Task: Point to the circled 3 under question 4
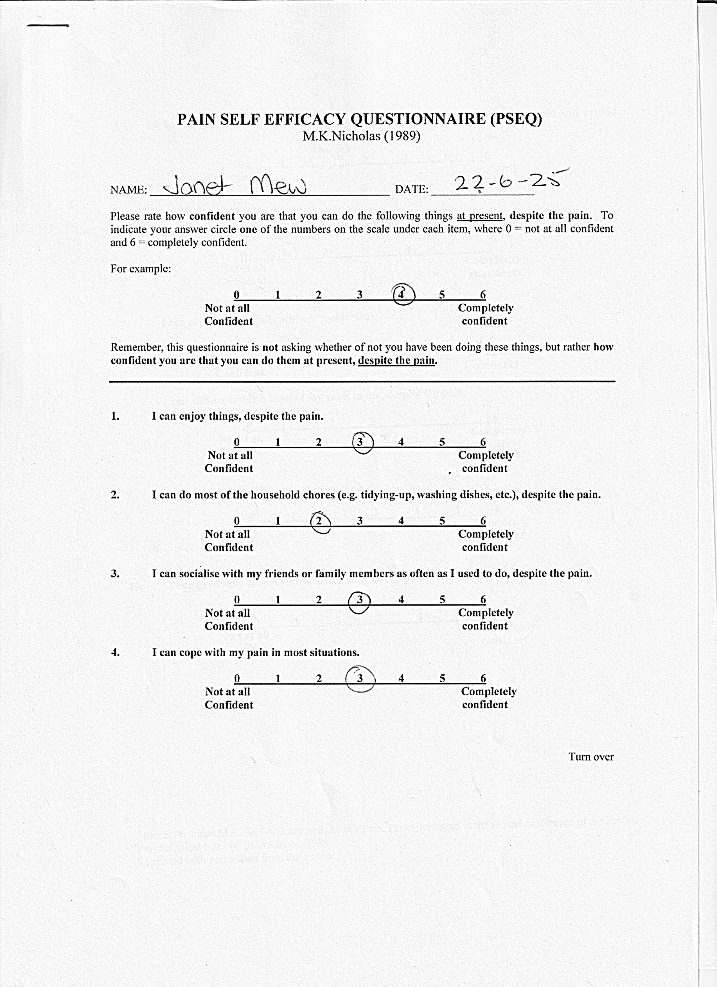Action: click(x=360, y=679)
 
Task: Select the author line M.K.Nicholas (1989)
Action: click(x=361, y=136)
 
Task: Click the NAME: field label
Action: click(x=129, y=190)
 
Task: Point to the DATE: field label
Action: click(x=411, y=189)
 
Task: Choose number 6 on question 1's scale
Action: click(x=482, y=442)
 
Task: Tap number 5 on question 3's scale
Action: click(x=442, y=600)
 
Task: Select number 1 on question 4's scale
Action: click(x=278, y=679)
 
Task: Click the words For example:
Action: click(x=140, y=268)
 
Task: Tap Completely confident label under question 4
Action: click(x=488, y=698)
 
